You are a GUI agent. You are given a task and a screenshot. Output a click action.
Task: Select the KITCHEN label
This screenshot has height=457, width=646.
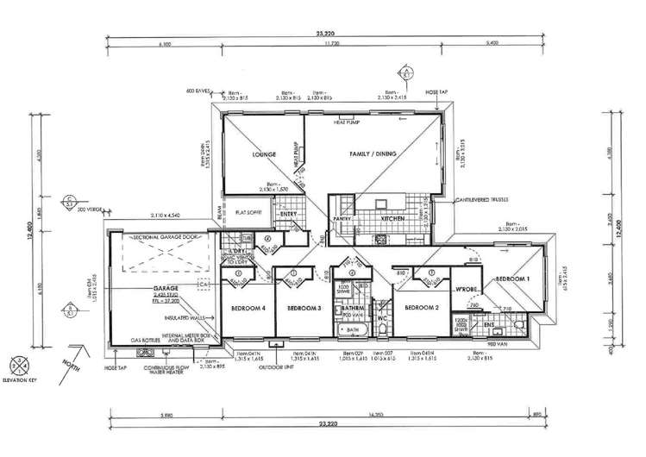393,220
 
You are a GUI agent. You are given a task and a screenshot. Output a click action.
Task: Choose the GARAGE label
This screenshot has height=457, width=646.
166,286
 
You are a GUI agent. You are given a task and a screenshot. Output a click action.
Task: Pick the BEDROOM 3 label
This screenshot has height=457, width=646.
304,308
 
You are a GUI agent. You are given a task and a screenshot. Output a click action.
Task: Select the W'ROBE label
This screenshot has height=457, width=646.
467,290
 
